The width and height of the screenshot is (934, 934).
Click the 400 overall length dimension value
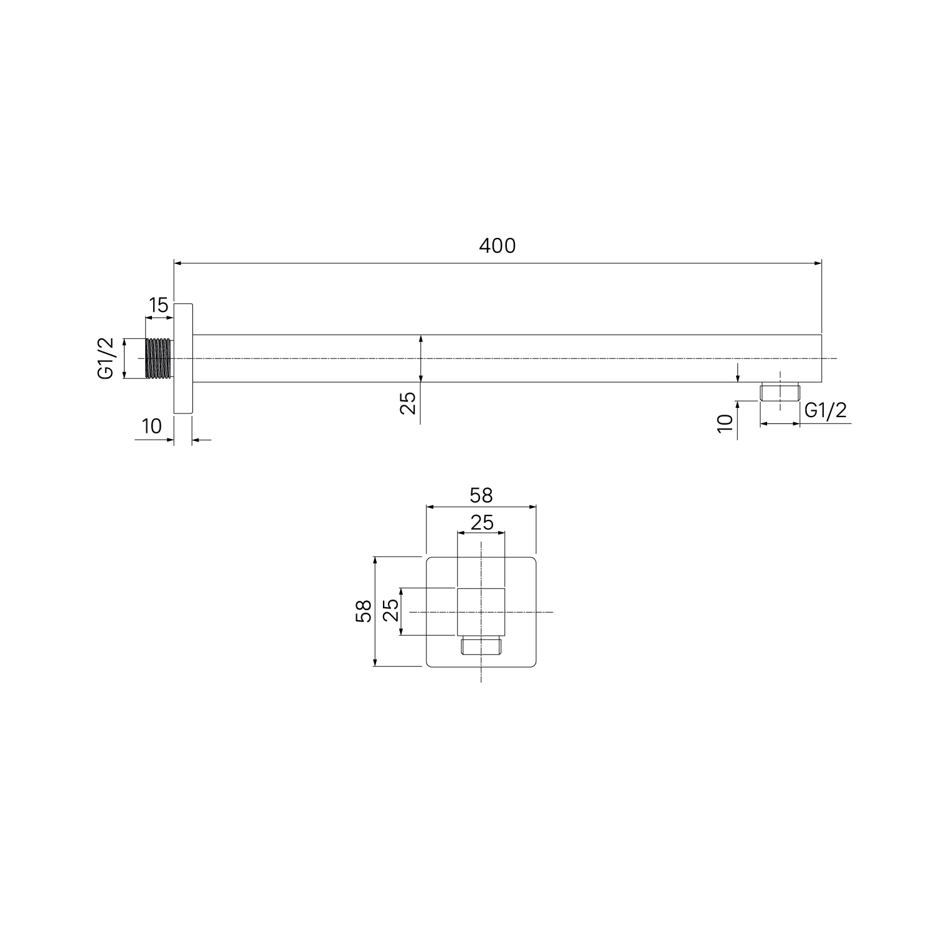(x=498, y=246)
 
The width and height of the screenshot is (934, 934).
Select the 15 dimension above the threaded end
(x=158, y=305)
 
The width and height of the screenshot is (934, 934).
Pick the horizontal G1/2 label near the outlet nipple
(x=826, y=410)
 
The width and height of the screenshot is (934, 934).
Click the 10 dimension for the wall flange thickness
(x=152, y=426)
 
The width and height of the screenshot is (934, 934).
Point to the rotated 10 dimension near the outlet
(x=725, y=423)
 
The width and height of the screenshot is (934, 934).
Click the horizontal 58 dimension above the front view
(x=481, y=495)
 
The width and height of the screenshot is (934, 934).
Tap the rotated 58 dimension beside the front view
(x=364, y=611)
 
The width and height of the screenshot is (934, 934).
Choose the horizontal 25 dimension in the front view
(x=481, y=522)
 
